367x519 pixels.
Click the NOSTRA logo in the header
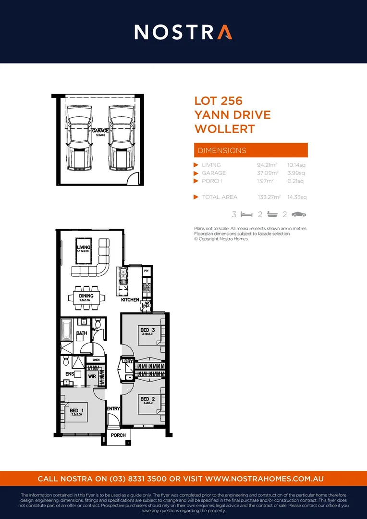pyautogui.click(x=183, y=32)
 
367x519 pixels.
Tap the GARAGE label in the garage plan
pyautogui.click(x=100, y=130)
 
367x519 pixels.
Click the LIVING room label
pyautogui.click(x=84, y=248)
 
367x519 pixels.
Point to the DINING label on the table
pyautogui.click(x=86, y=296)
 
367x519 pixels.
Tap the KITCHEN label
pyautogui.click(x=130, y=300)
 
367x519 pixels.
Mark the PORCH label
pyautogui.click(x=118, y=435)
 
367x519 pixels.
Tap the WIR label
pyautogui.click(x=92, y=376)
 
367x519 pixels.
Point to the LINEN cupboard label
pyautogui.click(x=96, y=359)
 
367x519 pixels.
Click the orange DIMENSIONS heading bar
pyautogui.click(x=250, y=150)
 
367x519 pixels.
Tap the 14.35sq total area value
pyautogui.click(x=296, y=197)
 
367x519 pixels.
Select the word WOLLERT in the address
pyautogui.click(x=224, y=129)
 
